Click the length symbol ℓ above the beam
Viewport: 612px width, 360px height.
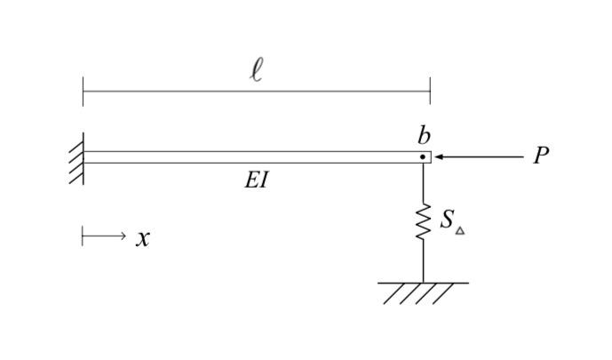tap(257, 70)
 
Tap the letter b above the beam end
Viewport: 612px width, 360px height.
tap(424, 135)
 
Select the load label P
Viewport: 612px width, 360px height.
tap(541, 156)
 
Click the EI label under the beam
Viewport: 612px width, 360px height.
tap(256, 180)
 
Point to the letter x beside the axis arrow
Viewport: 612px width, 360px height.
tap(142, 238)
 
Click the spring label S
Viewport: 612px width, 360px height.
tap(447, 220)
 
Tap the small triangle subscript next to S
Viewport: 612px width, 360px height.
tap(460, 230)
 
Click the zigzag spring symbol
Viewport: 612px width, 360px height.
tap(423, 222)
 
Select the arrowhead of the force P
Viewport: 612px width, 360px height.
tap(439, 157)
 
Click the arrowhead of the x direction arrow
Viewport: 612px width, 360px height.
tap(123, 236)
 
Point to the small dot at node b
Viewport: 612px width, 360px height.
tap(423, 157)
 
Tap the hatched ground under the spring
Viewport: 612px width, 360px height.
tap(423, 292)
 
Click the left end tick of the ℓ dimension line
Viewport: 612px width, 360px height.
tap(83, 91)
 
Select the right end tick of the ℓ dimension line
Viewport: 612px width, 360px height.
tap(430, 91)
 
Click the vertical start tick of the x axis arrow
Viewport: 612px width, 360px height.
tap(83, 236)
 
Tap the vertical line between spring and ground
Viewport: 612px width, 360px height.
tap(423, 262)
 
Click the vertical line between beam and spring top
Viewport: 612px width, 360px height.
tap(423, 182)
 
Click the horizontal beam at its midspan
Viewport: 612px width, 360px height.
tap(257, 157)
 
